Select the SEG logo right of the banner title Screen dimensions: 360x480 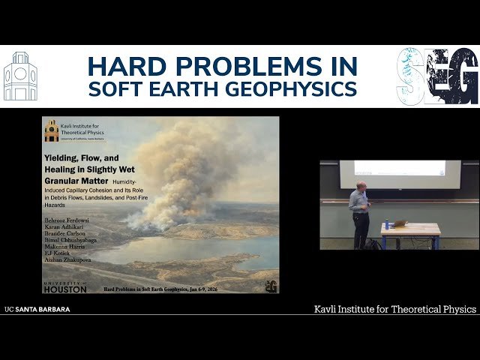[437, 76]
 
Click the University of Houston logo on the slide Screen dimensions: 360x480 [64, 286]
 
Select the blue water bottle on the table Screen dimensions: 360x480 [387, 223]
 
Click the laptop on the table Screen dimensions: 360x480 [400, 223]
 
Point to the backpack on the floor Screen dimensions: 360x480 [373, 243]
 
